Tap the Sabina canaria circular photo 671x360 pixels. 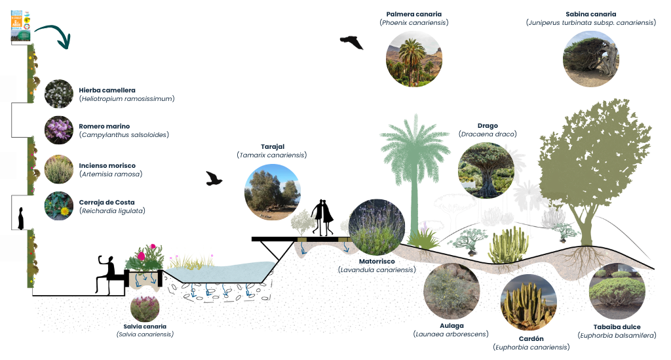(590, 58)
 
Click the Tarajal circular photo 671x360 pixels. (272, 192)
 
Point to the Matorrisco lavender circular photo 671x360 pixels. (377, 228)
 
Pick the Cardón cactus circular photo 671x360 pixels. (529, 303)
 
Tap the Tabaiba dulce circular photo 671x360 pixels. (617, 290)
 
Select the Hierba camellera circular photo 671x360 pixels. (59, 94)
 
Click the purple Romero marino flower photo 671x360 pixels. (59, 130)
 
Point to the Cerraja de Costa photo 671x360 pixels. (59, 205)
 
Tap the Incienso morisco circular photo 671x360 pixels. (59, 169)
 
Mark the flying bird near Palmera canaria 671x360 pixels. (351, 42)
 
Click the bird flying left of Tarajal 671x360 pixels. (215, 179)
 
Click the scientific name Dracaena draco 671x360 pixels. (488, 134)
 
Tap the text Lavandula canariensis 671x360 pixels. (377, 270)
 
